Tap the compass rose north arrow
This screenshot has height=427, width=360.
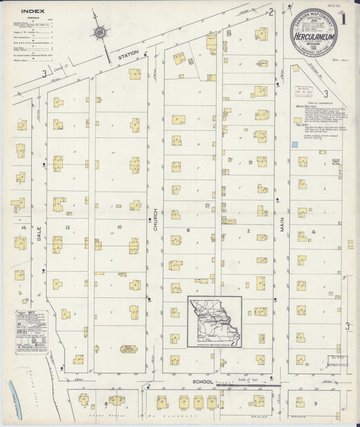pos(101,31)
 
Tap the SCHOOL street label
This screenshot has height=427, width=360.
pos(203,382)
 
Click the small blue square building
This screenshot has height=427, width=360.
pos(294,145)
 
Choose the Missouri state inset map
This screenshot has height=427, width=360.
pos(215,322)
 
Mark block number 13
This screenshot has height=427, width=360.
pos(68,227)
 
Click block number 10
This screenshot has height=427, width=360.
pos(119,227)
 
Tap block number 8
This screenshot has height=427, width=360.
pos(189,231)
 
